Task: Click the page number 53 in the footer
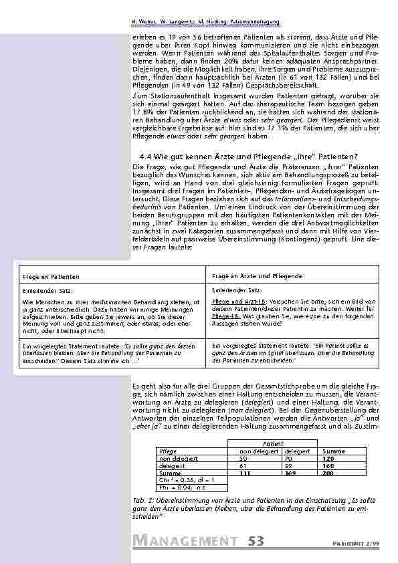coord(261,540)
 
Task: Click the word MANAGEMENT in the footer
coord(186,540)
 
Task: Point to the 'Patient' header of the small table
coord(273,443)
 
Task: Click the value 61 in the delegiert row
coord(243,466)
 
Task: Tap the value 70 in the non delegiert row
coord(288,459)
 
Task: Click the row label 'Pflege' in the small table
coord(167,451)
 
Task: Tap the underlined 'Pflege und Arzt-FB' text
coord(232,302)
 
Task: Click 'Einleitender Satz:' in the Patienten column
coord(42,291)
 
